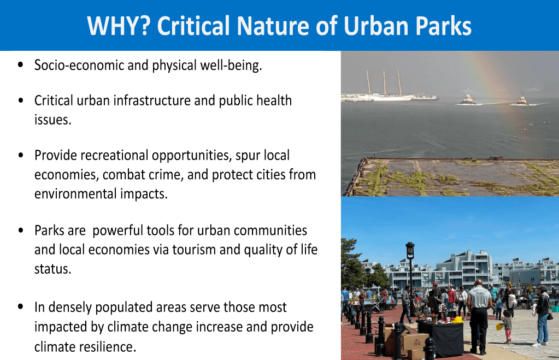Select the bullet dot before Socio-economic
(x=21, y=65)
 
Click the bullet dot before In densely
(x=21, y=306)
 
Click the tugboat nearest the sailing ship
(x=467, y=99)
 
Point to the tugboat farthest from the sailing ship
(x=522, y=100)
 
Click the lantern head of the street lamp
(x=410, y=251)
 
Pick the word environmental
(x=75, y=194)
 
